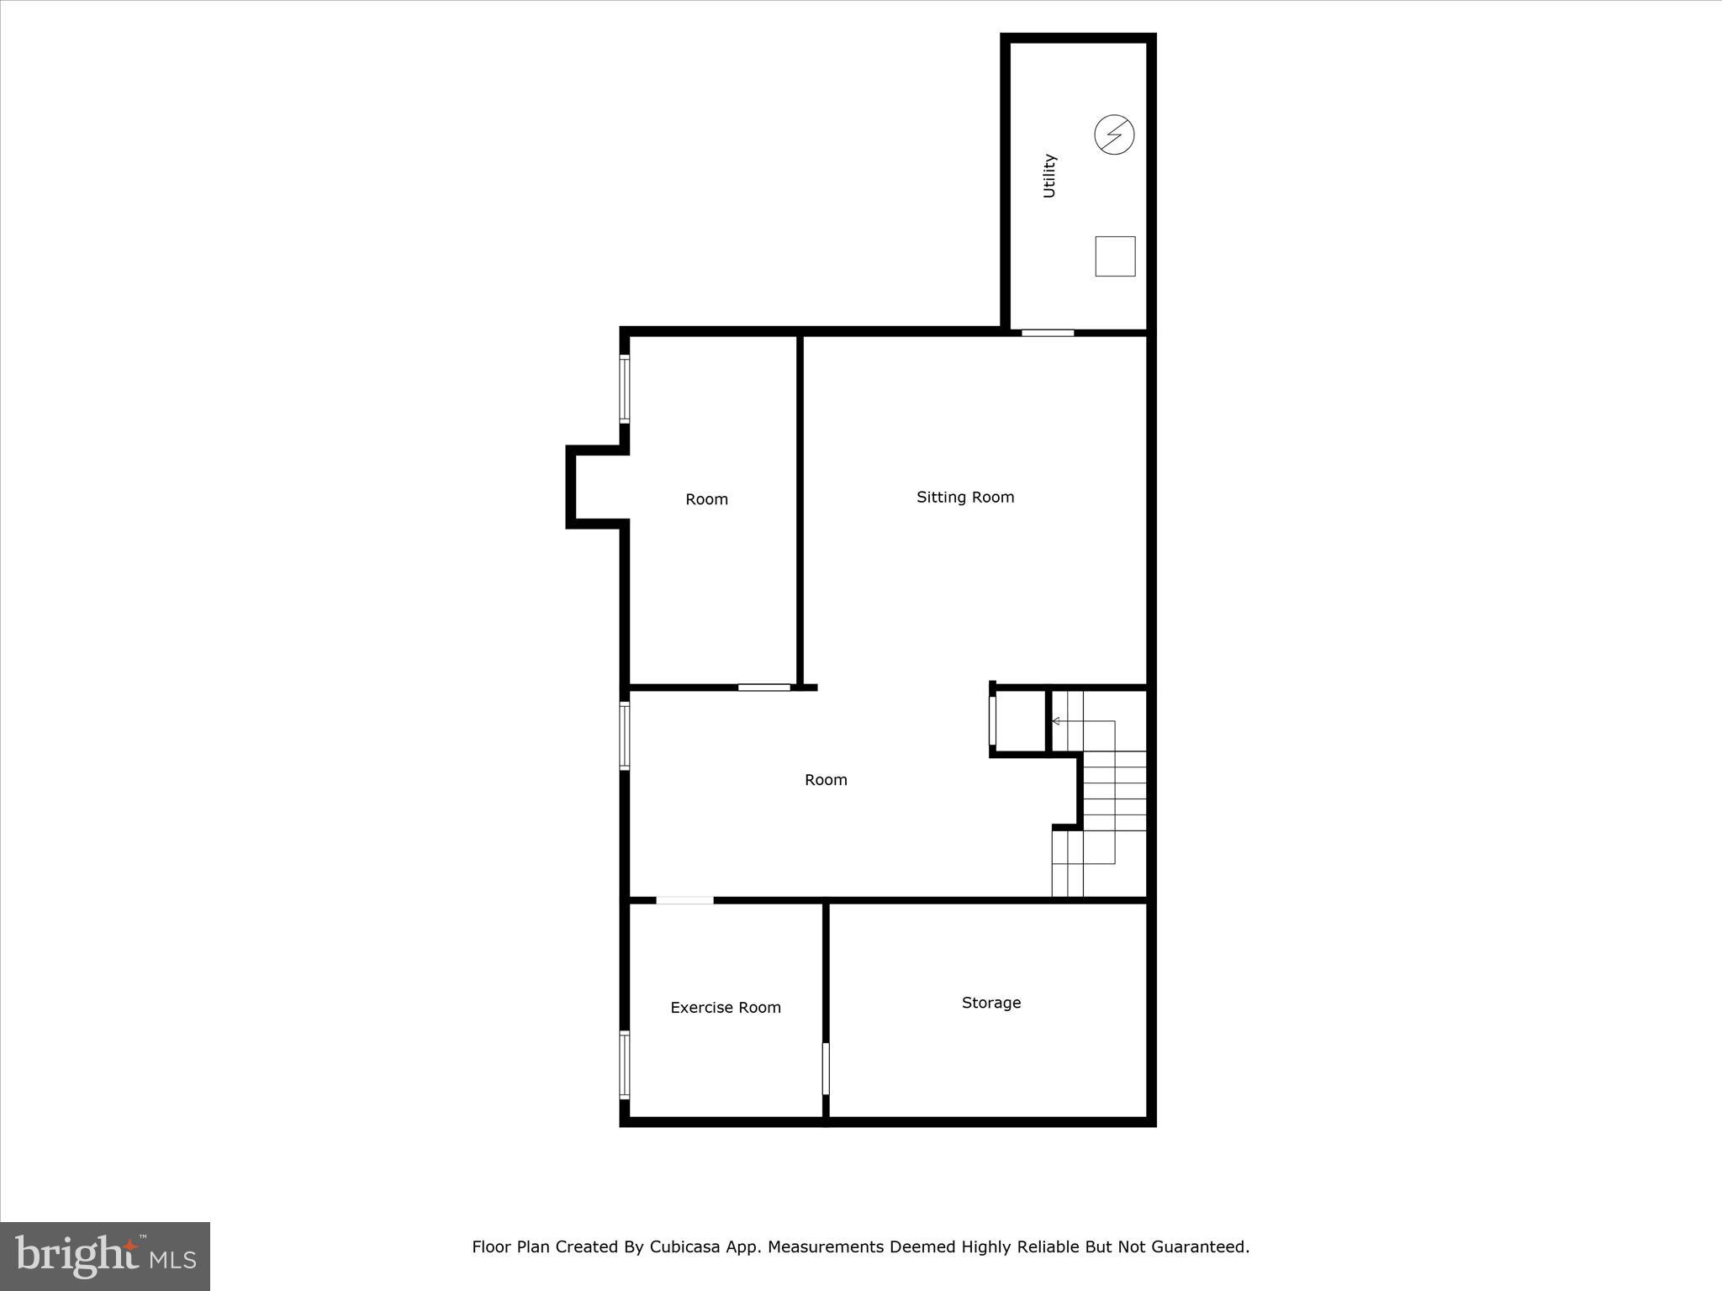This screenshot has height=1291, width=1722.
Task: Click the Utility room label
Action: point(1049,176)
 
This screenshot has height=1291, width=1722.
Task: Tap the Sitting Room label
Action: point(965,497)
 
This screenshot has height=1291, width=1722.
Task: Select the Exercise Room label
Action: point(726,1007)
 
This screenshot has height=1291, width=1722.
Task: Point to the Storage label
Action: point(991,1002)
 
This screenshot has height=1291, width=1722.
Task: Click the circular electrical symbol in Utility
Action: point(1114,134)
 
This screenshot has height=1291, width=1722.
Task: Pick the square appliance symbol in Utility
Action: point(1115,256)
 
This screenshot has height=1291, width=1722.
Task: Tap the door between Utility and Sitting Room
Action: point(1048,333)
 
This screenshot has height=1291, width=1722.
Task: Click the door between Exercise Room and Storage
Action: point(826,1068)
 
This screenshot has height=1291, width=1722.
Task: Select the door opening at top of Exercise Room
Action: point(684,900)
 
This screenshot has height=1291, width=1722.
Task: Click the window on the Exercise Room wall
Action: point(625,1064)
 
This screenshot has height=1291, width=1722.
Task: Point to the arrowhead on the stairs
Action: point(1056,721)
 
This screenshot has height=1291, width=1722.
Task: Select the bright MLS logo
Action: point(105,1256)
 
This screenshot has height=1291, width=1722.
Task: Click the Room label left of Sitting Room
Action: point(706,499)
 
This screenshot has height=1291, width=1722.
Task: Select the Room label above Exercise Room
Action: point(826,780)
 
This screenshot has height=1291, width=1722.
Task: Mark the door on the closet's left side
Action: point(993,720)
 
